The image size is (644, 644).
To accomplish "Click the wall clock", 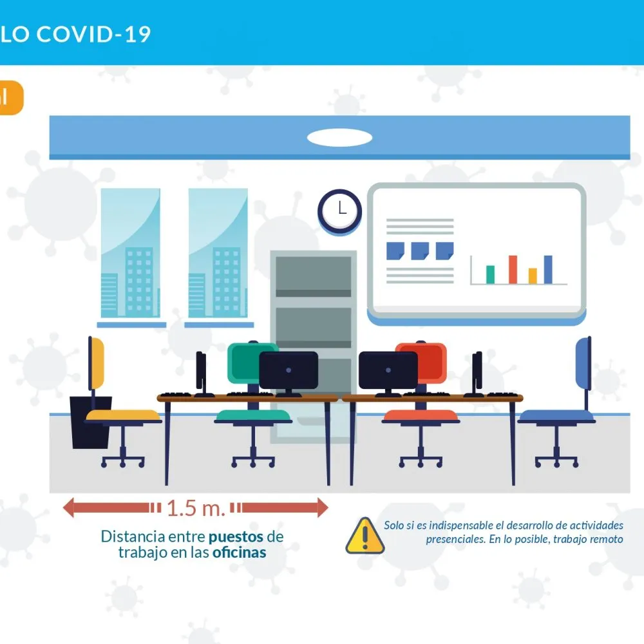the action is pos(339,211).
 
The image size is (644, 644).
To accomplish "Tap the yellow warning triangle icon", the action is pos(365,536).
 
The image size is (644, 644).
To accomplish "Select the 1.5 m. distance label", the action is pos(196,508).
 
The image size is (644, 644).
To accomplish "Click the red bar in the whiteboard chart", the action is pos(513,269).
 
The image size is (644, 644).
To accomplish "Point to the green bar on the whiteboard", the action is pos(490,274).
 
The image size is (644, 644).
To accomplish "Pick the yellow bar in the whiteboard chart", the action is pos(533,276).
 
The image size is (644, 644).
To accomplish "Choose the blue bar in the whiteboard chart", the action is pos(548,269).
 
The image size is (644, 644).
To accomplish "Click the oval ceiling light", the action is pos(339,138).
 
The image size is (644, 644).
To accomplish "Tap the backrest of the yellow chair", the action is pos(96,363).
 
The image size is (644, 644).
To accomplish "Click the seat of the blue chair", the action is pos(556,416).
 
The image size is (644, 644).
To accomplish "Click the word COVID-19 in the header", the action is pos(93,34).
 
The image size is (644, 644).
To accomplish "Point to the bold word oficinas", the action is pos(239,553).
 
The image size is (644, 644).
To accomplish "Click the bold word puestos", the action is pos(236,537).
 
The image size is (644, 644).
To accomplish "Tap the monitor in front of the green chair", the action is pos(289,371).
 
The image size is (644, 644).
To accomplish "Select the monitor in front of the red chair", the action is pos(388,371).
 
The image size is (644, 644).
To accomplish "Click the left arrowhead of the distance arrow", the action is pos(68,507).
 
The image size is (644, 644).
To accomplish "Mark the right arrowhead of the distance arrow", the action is pos(323,507).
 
